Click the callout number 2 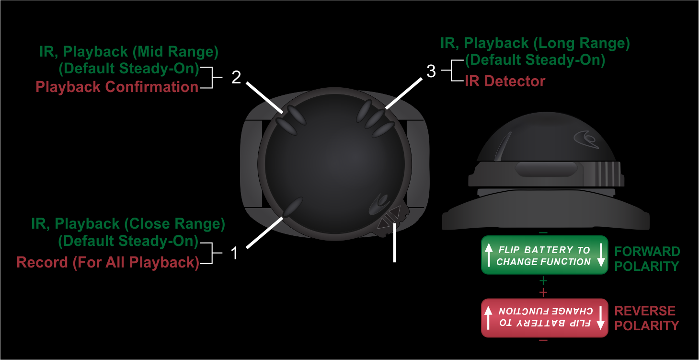236,78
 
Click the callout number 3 431,71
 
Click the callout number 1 234,253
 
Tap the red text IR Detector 505,81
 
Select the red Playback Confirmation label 117,87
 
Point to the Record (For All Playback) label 108,263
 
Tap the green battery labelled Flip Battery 544,255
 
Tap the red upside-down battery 544,318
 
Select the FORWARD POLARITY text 647,259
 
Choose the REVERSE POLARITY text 647,318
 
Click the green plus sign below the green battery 543,281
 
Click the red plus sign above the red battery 543,292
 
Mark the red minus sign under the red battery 543,340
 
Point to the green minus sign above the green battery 543,232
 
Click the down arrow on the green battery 601,255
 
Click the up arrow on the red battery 488,317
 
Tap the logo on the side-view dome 586,138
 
